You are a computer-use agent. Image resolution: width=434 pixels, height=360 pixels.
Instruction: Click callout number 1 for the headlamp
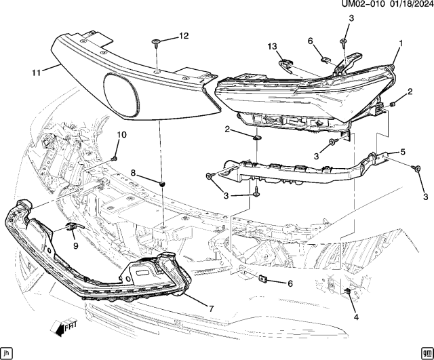(401, 43)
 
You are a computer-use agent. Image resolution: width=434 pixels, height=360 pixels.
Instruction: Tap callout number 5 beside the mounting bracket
(402, 152)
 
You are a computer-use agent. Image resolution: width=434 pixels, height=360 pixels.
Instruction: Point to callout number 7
(211, 308)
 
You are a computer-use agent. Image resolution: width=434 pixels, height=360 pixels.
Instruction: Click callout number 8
(134, 174)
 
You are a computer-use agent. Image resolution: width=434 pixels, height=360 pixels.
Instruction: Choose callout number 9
(75, 246)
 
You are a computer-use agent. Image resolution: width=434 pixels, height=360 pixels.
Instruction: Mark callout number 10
(121, 136)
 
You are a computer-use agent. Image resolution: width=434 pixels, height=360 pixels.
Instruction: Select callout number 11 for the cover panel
(37, 70)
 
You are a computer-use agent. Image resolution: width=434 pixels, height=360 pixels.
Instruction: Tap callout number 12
(184, 35)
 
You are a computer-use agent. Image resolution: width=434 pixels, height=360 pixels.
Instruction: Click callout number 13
(273, 46)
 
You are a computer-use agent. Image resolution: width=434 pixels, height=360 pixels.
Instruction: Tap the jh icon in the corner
(7, 353)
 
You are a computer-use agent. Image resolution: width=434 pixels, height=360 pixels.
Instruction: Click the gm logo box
(426, 353)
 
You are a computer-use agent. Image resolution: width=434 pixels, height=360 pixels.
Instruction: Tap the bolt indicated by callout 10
(114, 158)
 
